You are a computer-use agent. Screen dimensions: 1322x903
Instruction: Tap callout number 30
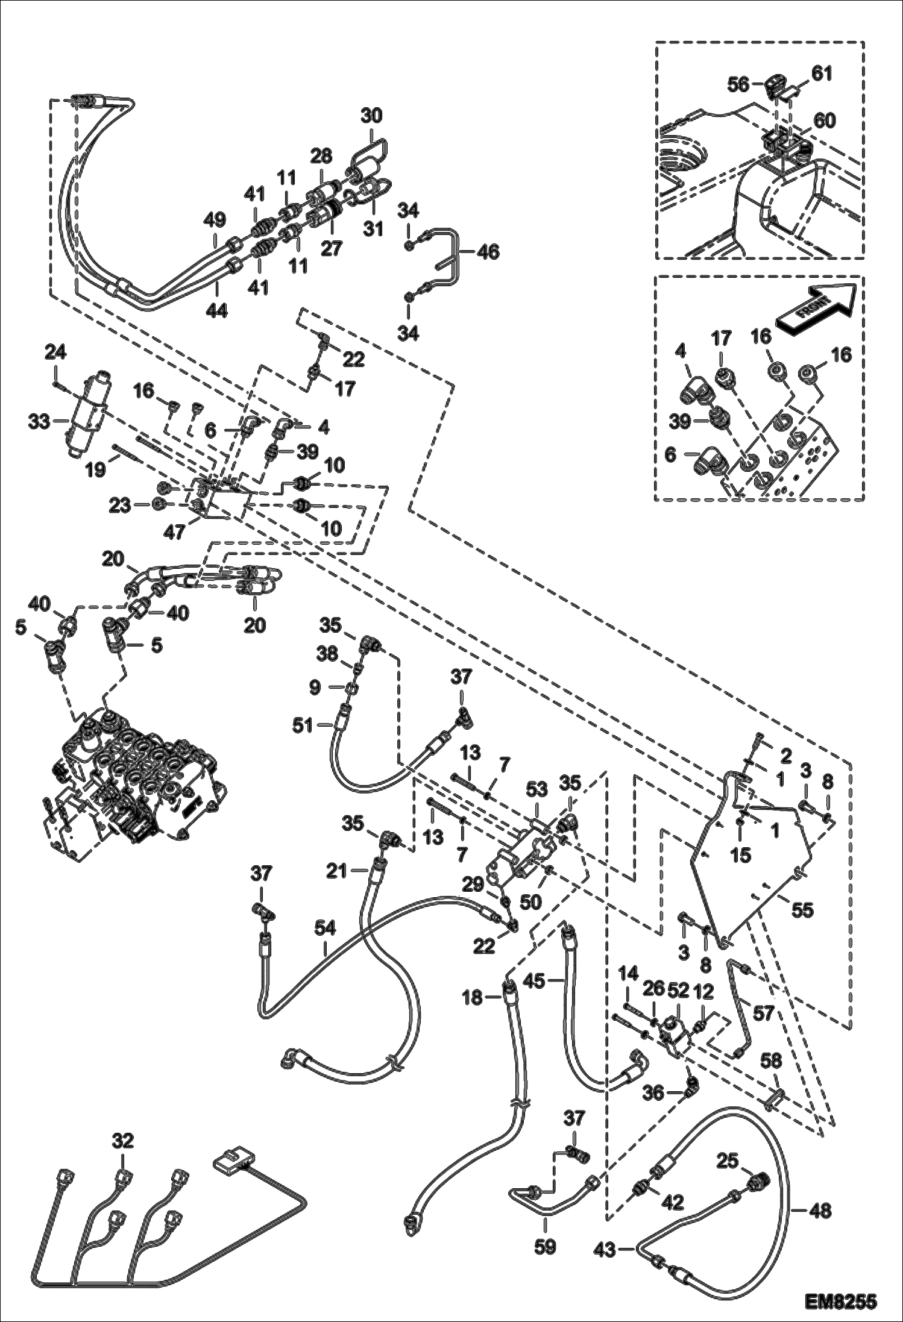[371, 115]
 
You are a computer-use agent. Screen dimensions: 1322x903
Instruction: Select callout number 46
[488, 252]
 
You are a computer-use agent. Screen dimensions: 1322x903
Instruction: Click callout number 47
[175, 533]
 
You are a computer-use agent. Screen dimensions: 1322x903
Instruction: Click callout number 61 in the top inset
[821, 74]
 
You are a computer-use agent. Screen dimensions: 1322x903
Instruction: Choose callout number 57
[763, 1013]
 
